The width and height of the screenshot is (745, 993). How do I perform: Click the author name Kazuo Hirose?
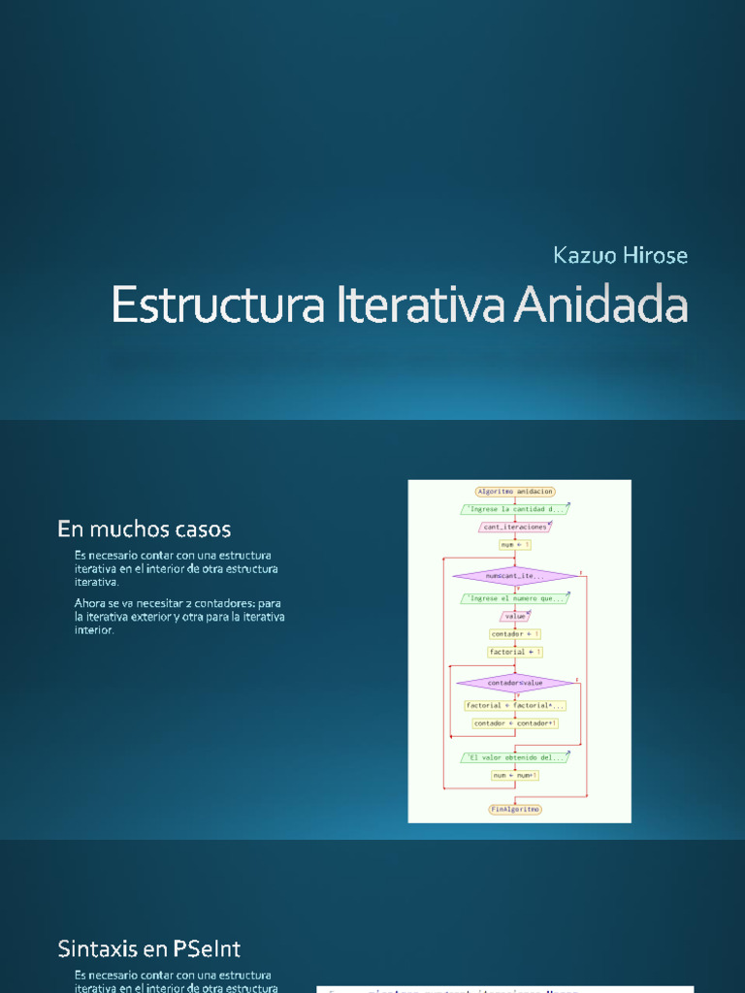[x=620, y=256]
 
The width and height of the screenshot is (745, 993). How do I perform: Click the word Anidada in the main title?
[x=600, y=305]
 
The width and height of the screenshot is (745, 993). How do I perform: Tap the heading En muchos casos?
[x=145, y=529]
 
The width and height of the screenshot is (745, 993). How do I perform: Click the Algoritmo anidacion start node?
[x=515, y=492]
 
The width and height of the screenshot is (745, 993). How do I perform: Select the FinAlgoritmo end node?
[x=515, y=809]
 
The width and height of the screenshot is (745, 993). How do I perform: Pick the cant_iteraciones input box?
[x=515, y=527]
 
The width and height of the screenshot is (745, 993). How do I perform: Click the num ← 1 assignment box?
[x=515, y=545]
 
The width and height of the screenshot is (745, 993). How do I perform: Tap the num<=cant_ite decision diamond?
[x=515, y=576]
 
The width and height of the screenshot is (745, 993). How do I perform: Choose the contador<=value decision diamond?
[x=515, y=683]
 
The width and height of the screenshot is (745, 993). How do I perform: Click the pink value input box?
[x=515, y=616]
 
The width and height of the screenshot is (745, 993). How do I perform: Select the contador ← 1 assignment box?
[x=515, y=634]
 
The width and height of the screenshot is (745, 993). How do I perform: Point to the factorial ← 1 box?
[x=515, y=652]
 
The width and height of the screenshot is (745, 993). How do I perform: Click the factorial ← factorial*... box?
[x=515, y=705]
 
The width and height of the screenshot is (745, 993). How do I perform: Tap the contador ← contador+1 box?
[x=515, y=723]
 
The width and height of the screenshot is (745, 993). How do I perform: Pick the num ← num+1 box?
[x=515, y=775]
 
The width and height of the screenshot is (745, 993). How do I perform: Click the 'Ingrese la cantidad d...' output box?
[x=515, y=509]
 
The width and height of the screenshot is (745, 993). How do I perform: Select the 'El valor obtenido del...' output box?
[x=519, y=757]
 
